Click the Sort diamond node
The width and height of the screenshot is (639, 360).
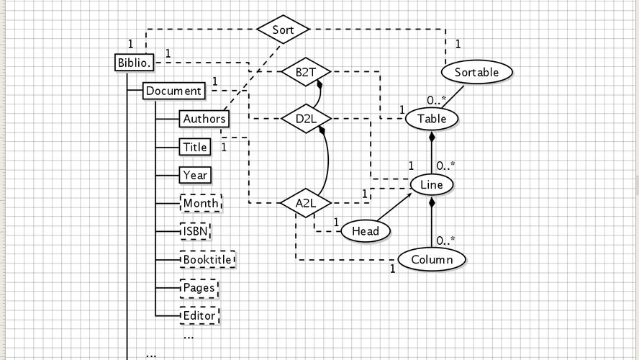(x=283, y=30)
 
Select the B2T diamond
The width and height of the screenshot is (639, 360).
(x=305, y=72)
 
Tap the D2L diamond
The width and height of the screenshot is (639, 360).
(x=305, y=118)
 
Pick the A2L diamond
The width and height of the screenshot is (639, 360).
(x=305, y=203)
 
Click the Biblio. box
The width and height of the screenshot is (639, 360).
(x=135, y=63)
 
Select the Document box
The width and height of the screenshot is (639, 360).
(x=173, y=91)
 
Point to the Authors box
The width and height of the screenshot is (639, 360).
(x=204, y=119)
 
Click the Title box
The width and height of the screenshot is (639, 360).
(x=195, y=147)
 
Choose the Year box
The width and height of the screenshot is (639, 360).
(x=195, y=175)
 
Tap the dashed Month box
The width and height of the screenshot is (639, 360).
(x=201, y=203)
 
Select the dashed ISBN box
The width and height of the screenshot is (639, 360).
(x=195, y=231)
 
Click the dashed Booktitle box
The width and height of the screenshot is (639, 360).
(x=207, y=259)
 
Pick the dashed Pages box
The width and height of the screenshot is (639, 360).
(x=199, y=287)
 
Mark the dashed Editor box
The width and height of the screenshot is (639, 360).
(x=199, y=315)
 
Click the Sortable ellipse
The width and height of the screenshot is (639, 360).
(x=476, y=72)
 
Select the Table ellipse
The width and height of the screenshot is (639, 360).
(x=432, y=119)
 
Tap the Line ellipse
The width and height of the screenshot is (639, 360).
(x=432, y=185)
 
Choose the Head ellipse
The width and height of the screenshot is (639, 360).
(x=366, y=231)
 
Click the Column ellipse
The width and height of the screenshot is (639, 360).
(x=432, y=259)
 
